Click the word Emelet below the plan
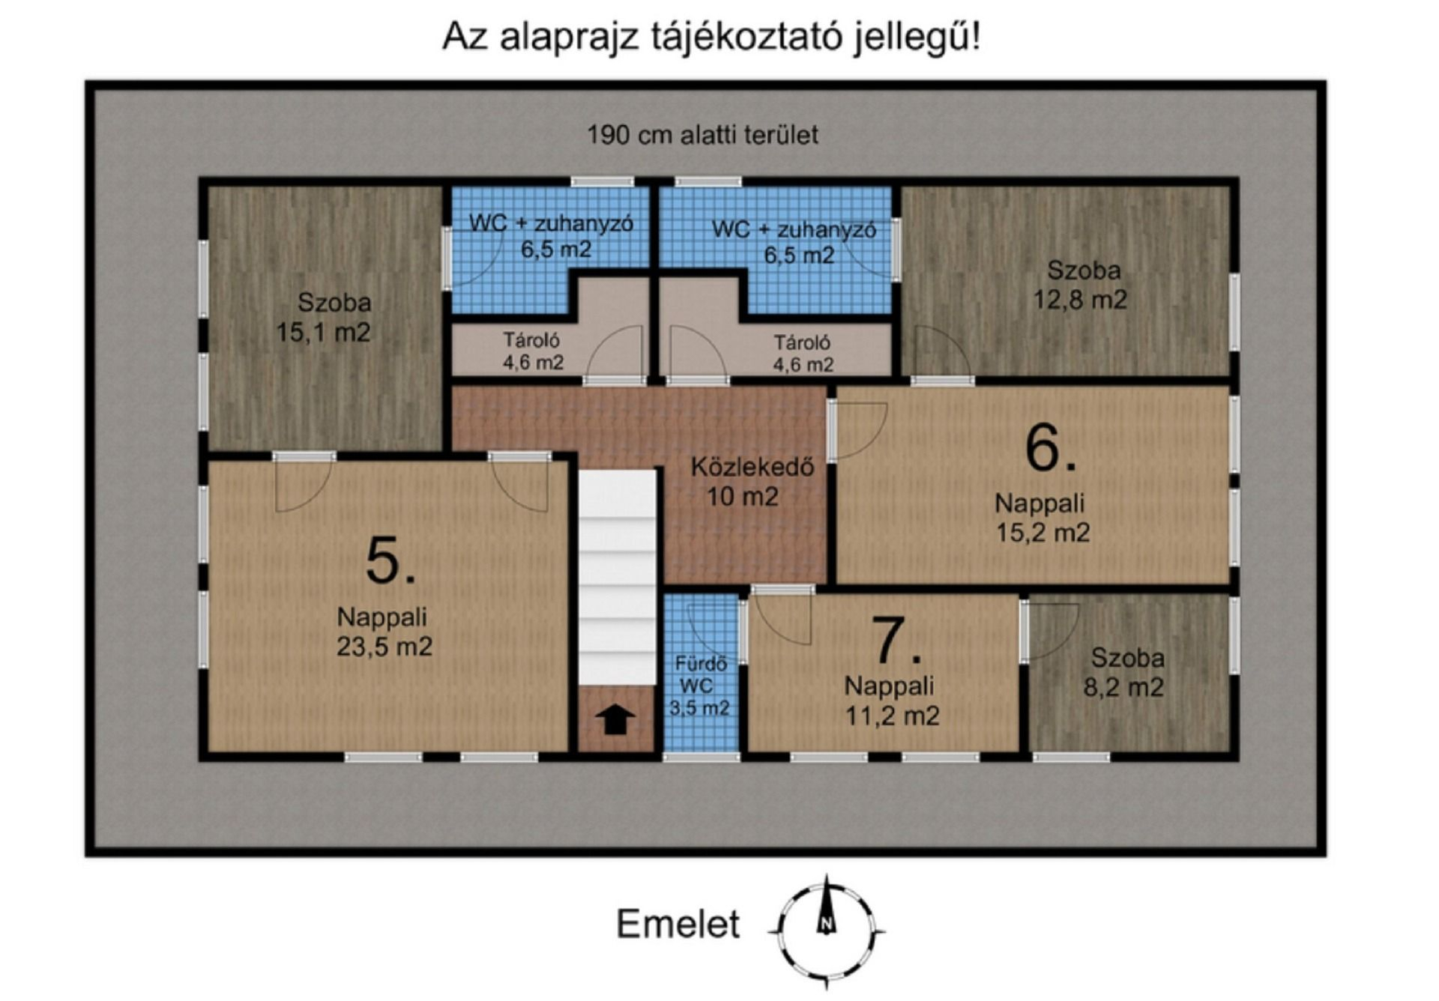(x=678, y=924)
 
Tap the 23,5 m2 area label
(x=384, y=646)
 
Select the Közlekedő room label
(x=752, y=467)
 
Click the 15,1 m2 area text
(x=324, y=332)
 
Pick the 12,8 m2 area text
(x=1080, y=300)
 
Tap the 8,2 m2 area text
(x=1123, y=687)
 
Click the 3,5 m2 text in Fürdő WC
(x=699, y=708)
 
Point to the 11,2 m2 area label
(x=892, y=716)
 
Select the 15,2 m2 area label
(x=1043, y=532)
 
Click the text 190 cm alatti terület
(x=702, y=135)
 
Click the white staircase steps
(x=617, y=577)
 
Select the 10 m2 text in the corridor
(x=743, y=496)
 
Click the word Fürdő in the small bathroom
(x=701, y=663)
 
